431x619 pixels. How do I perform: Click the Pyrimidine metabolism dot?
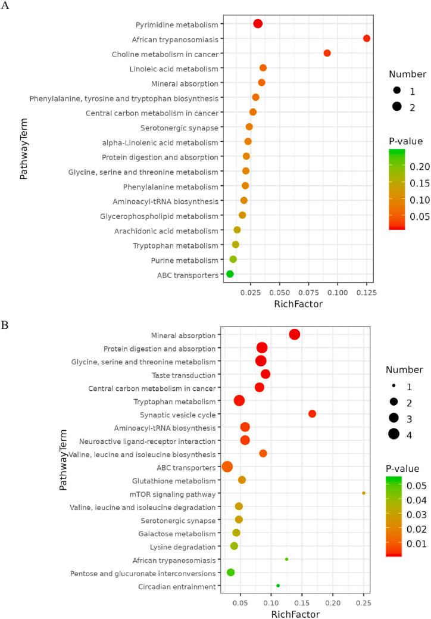(258, 24)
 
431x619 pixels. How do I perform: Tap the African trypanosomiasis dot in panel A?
(367, 39)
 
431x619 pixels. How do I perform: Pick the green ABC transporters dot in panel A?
(230, 274)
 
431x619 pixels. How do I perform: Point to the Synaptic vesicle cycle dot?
(313, 413)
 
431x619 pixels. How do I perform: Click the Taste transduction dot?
(266, 374)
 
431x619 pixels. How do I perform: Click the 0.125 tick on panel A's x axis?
(367, 293)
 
